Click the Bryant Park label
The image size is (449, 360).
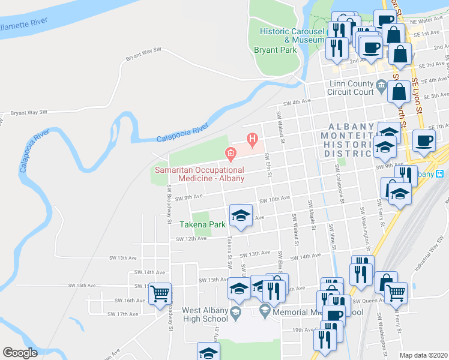275,50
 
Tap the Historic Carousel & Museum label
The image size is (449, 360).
292,35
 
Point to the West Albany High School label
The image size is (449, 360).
205,314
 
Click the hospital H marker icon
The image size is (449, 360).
252,142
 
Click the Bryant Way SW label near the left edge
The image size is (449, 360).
28,112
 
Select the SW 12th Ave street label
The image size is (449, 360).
191,239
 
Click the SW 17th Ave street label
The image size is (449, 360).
122,314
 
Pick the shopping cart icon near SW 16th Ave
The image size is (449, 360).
160,294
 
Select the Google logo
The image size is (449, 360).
20,353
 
